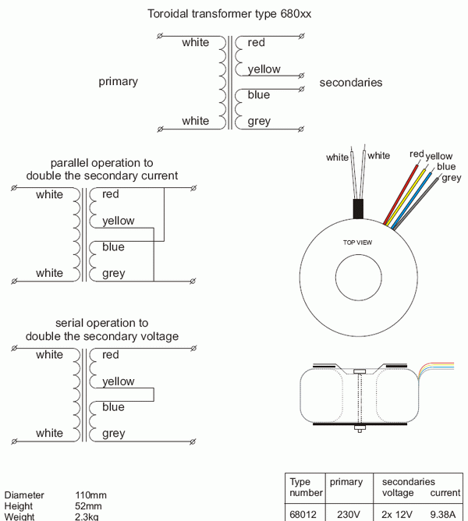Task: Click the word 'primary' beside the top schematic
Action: pyautogui.click(x=119, y=82)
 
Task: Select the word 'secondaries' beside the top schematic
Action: pyautogui.click(x=351, y=82)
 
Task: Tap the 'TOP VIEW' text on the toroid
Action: pyautogui.click(x=358, y=243)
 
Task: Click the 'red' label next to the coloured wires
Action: pyautogui.click(x=417, y=154)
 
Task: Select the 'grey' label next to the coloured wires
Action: pyautogui.click(x=451, y=178)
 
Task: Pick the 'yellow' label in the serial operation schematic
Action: pyautogui.click(x=118, y=381)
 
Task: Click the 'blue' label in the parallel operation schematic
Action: pyautogui.click(x=113, y=247)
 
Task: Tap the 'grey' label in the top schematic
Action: pyautogui.click(x=259, y=121)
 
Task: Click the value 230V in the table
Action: pyautogui.click(x=345, y=514)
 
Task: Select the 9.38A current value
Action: pyautogui.click(x=445, y=514)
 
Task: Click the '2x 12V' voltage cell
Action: pyautogui.click(x=397, y=514)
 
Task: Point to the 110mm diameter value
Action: pyautogui.click(x=90, y=495)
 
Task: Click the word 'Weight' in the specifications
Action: pyautogui.click(x=20, y=516)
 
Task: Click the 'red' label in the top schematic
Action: pyautogui.click(x=257, y=43)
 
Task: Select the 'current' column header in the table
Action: pyautogui.click(x=445, y=494)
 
